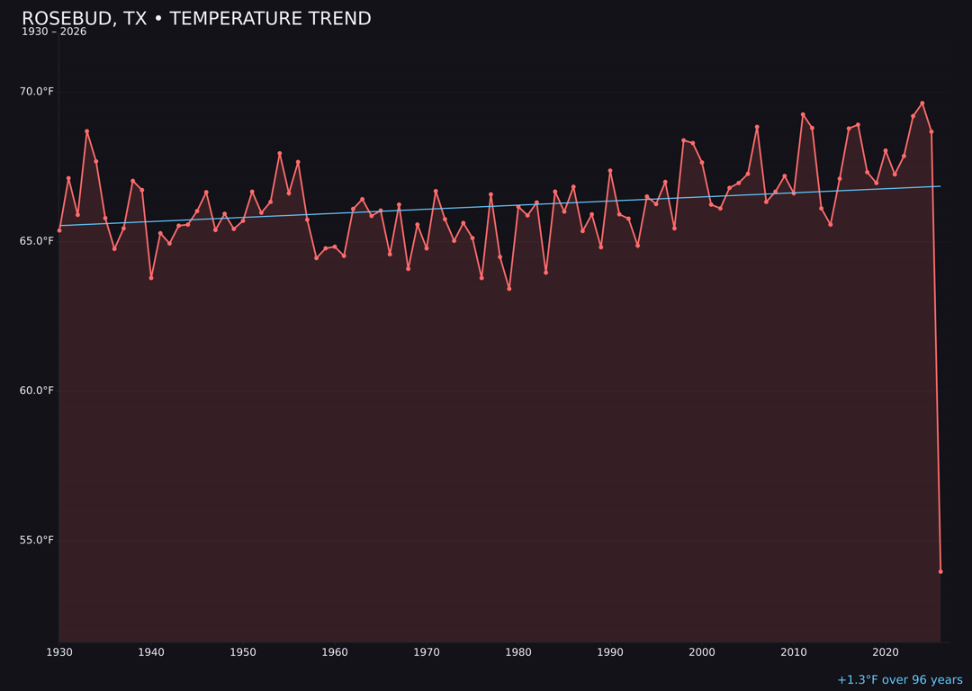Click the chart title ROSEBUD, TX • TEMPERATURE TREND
point(196,19)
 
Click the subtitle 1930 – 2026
point(54,32)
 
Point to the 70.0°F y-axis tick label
point(37,92)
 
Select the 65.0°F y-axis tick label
point(37,241)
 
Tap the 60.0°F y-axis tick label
point(37,390)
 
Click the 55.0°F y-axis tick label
point(37,540)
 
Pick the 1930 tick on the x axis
point(59,651)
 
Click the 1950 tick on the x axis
point(243,651)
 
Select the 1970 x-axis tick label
point(427,651)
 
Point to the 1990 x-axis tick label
point(610,651)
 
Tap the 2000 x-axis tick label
point(702,651)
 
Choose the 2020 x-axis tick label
point(886,651)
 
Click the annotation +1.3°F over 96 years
point(899,680)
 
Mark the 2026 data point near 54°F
point(940,571)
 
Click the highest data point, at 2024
point(922,103)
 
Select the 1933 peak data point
point(87,131)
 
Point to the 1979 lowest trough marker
point(509,289)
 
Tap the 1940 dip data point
point(151,278)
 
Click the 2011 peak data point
point(803,114)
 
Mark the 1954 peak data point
point(280,154)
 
